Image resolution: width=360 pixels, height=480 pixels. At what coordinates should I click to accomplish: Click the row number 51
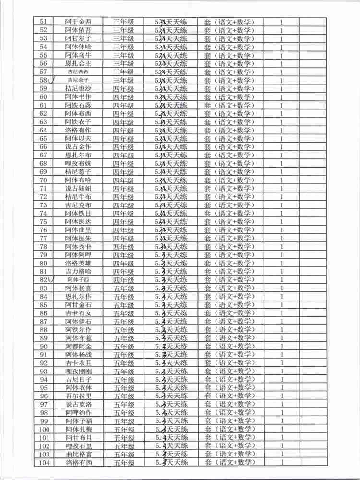coord(43,22)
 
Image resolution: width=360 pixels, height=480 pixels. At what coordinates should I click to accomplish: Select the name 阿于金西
coord(79,22)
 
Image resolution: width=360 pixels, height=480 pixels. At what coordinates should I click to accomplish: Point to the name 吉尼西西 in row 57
coord(79,72)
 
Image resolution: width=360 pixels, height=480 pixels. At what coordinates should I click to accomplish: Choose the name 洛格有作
coord(79,130)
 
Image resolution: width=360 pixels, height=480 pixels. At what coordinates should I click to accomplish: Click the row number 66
coord(43,147)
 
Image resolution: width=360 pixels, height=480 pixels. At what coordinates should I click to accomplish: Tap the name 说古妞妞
coord(79,189)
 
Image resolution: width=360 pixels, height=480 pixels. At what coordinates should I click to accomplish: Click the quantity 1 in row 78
coord(281,247)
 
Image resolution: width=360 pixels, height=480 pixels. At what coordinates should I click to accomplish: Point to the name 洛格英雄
coord(79,263)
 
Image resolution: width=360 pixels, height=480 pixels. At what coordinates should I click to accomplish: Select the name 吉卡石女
coord(79,313)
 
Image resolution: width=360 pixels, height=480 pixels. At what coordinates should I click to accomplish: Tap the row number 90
coord(43,347)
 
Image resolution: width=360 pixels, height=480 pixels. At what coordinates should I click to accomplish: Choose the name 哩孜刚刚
coord(79,372)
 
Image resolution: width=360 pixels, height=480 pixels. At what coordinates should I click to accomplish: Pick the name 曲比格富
coord(79,455)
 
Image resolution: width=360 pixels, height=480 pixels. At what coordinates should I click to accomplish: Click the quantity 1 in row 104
coord(281,463)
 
